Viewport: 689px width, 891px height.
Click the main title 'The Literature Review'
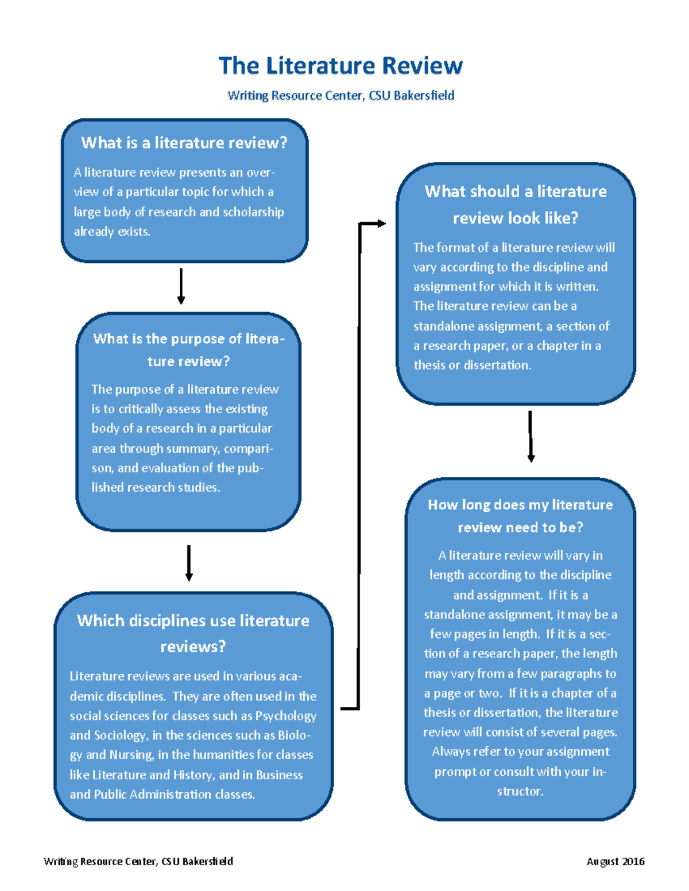pyautogui.click(x=340, y=66)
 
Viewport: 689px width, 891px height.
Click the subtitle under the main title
pyautogui.click(x=340, y=95)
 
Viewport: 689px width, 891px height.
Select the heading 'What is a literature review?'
pyautogui.click(x=184, y=142)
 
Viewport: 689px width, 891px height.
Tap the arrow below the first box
pyautogui.click(x=181, y=286)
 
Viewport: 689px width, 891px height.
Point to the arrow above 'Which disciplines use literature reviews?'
pyautogui.click(x=189, y=563)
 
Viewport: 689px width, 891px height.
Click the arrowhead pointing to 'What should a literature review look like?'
pyautogui.click(x=380, y=223)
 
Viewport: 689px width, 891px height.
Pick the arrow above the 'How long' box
pyautogui.click(x=531, y=436)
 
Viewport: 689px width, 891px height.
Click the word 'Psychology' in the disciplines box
pyautogui.click(x=286, y=716)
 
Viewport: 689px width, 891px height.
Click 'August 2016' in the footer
pyautogui.click(x=616, y=861)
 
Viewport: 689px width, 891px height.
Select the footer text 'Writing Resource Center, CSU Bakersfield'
pyautogui.click(x=138, y=861)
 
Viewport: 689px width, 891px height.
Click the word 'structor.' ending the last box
pyautogui.click(x=520, y=791)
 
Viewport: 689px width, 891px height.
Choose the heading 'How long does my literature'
pyautogui.click(x=520, y=505)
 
